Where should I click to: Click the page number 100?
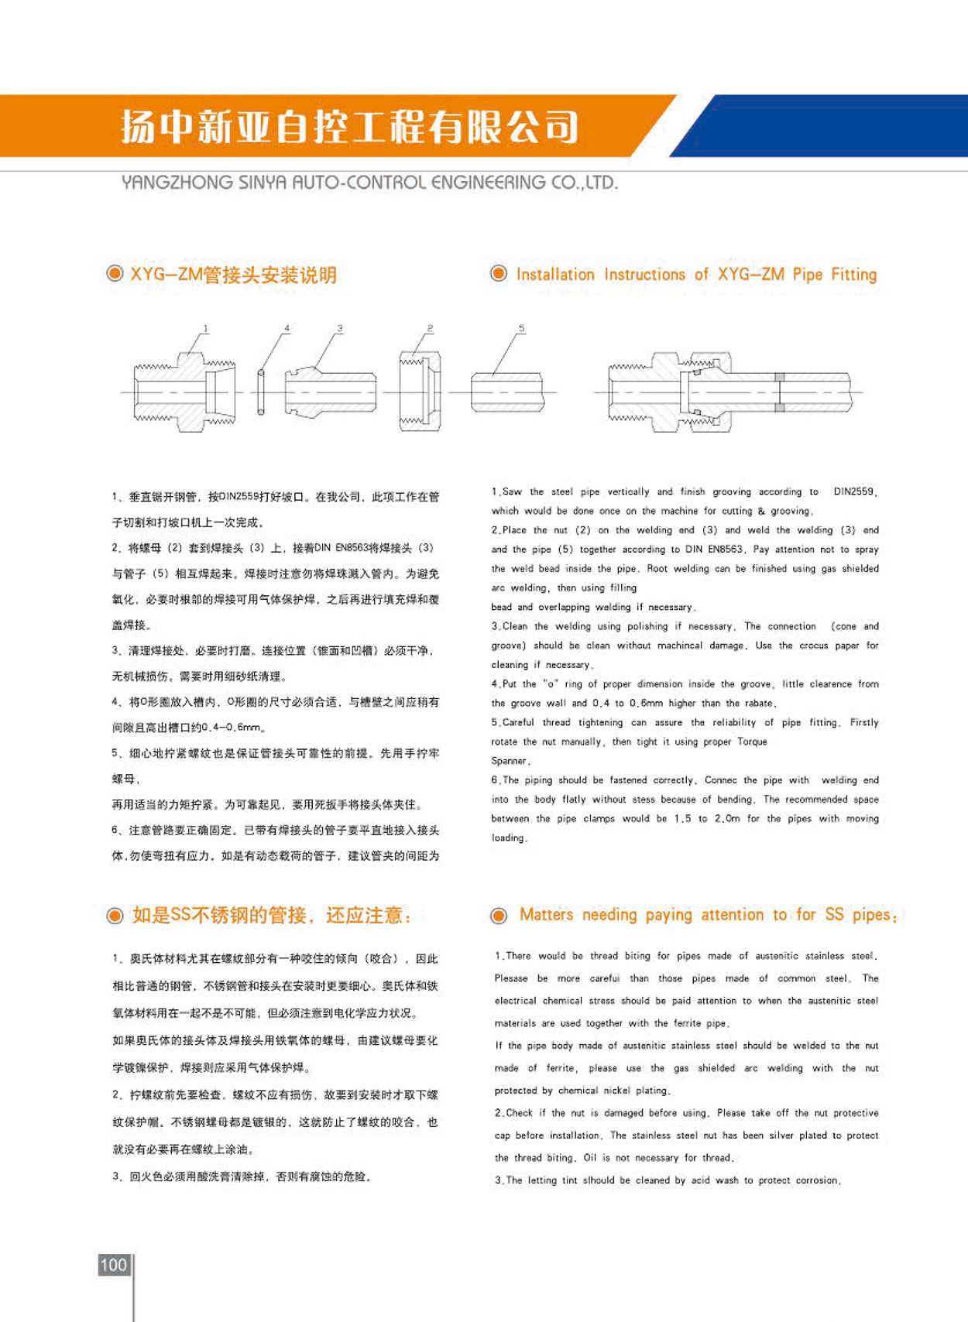[x=113, y=1265]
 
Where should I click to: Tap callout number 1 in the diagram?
[x=206, y=329]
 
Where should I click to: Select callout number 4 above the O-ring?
[x=287, y=329]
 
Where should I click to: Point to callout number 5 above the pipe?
[x=521, y=329]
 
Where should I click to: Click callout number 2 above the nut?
[x=430, y=329]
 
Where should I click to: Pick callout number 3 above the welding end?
[x=339, y=329]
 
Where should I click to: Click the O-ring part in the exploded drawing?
[x=261, y=392]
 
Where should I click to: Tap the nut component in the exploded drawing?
[x=420, y=392]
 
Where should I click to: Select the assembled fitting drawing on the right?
[x=728, y=392]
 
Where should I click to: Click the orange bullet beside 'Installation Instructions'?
[x=499, y=273]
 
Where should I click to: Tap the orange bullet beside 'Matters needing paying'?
[x=499, y=916]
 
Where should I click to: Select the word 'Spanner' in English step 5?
[x=510, y=761]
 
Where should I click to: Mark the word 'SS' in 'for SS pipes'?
[x=834, y=915]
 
